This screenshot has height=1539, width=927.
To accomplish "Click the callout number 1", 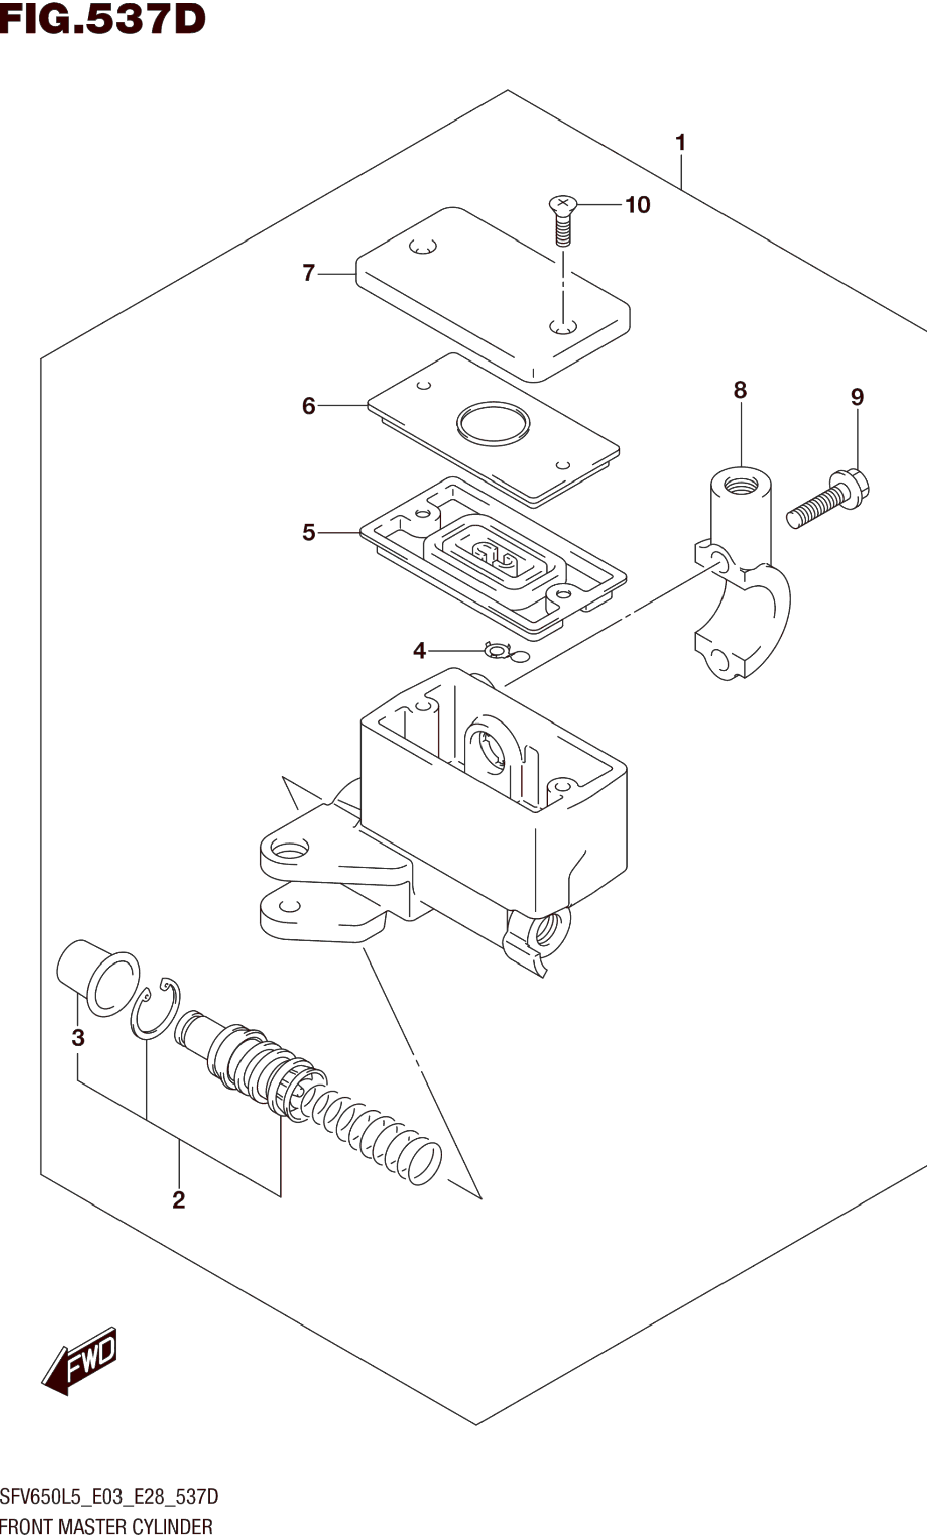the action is tap(680, 143).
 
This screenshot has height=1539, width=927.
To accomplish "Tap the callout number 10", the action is tap(638, 205).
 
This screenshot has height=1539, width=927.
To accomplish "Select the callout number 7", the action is tap(309, 273).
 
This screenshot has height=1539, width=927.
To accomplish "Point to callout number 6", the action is tap(309, 406).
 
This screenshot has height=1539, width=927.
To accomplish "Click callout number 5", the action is tap(309, 533).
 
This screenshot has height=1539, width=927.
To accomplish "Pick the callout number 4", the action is tap(419, 651).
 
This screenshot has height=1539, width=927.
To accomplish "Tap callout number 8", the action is tap(740, 390).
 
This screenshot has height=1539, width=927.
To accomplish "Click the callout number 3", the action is tap(78, 1037).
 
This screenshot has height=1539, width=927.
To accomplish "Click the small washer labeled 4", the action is tap(497, 652).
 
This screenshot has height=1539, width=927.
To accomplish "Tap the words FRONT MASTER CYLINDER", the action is tap(106, 1526).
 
